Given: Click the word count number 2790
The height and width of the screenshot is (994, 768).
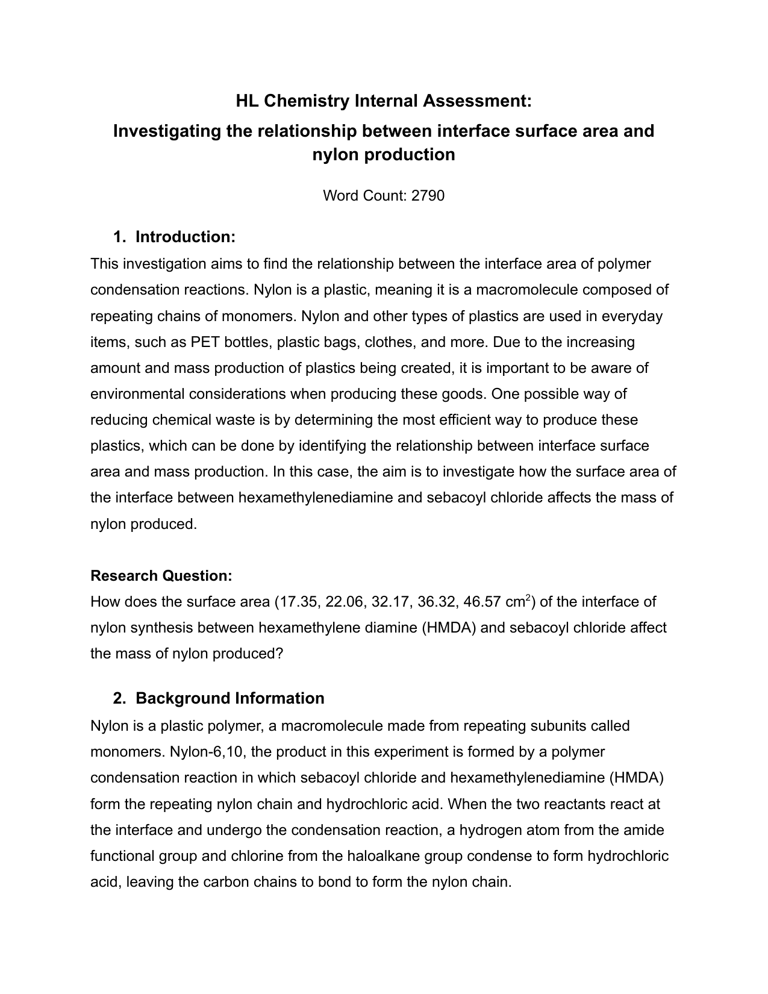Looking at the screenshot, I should click(x=428, y=195).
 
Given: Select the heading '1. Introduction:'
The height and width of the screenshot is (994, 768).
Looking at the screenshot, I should click(x=174, y=237).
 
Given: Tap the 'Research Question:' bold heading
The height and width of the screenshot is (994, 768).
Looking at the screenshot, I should click(x=161, y=575).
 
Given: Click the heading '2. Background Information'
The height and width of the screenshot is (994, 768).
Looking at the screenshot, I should click(x=219, y=698).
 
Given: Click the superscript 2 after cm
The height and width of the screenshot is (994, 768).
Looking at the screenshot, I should click(x=528, y=598).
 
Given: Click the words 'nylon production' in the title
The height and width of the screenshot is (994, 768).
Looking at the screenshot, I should click(x=384, y=155).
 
